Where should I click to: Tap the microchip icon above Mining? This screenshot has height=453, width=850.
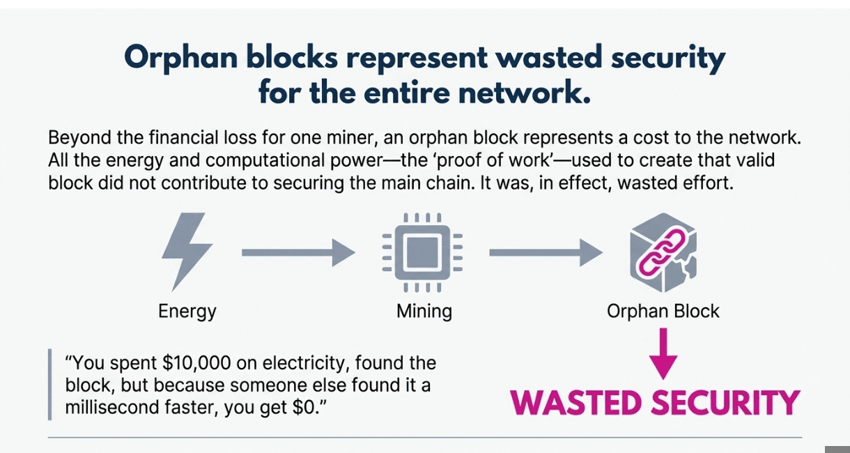[423, 252]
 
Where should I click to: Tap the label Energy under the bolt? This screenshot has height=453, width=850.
[187, 311]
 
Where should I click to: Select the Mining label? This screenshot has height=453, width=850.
[424, 311]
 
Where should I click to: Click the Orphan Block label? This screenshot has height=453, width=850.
[663, 311]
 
